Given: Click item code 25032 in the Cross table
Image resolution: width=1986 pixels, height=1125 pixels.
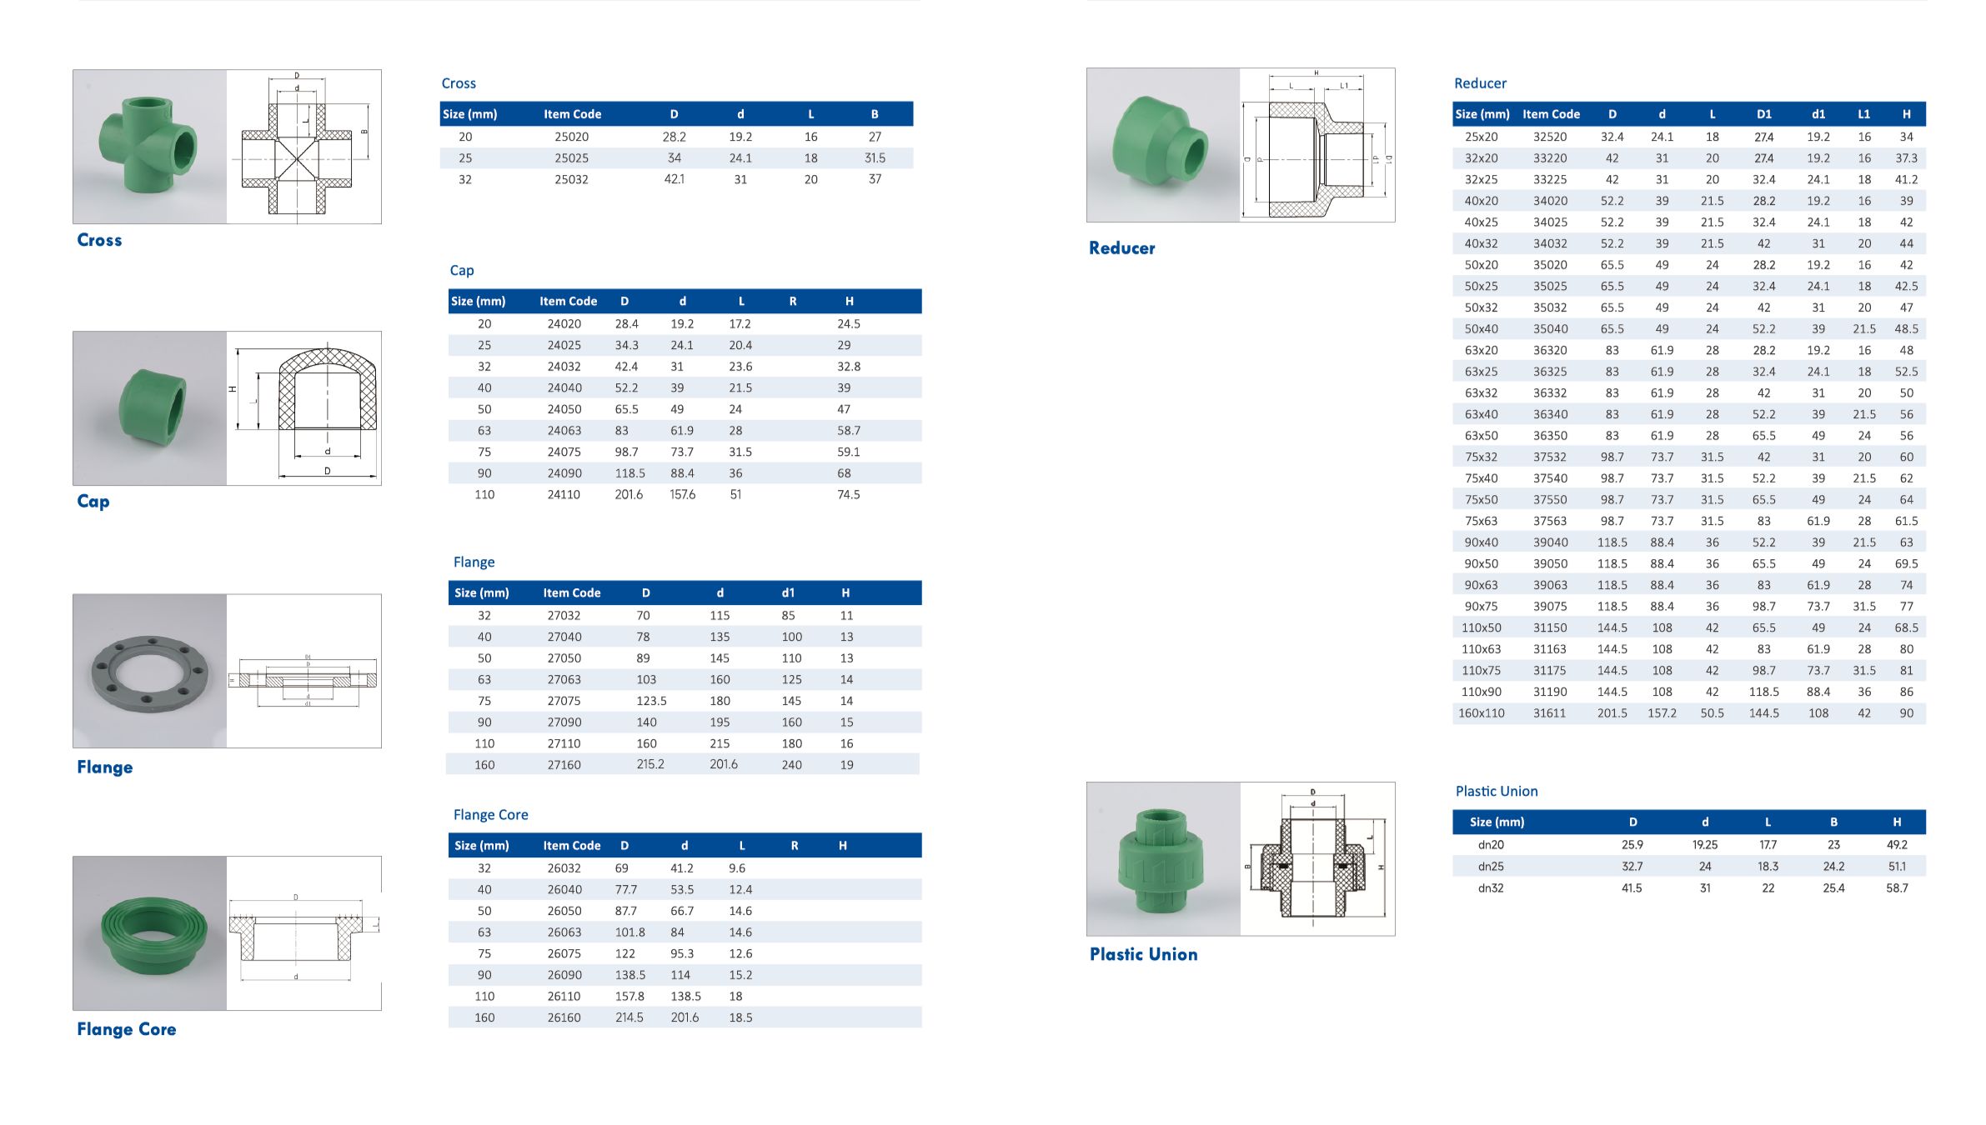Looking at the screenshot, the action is click(571, 179).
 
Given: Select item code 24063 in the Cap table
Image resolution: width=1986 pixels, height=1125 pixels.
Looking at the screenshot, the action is click(564, 431).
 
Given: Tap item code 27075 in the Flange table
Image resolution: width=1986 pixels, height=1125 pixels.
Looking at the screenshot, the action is click(564, 701).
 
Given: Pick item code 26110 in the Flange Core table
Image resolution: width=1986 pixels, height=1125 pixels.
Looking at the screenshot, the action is click(564, 997).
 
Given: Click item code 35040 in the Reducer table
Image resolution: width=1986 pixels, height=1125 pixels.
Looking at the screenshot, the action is click(1550, 329).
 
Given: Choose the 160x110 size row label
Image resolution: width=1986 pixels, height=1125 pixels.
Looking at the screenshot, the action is click(1482, 713).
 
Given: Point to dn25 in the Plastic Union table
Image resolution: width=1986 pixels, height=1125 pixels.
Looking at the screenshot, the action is click(1491, 867).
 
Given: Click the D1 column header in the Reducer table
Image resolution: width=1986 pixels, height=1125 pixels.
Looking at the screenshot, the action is click(1764, 114).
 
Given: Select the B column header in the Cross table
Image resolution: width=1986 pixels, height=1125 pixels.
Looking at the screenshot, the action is click(875, 114).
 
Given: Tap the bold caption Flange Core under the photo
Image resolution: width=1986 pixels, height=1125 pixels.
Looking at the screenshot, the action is click(127, 1029).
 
